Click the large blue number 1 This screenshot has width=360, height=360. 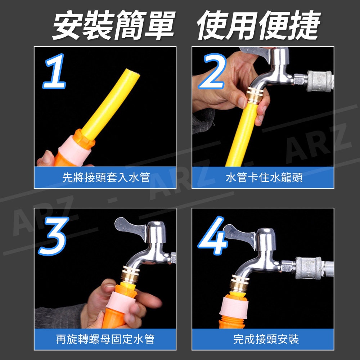coord(55,71)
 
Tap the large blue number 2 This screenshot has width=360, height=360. coord(212,71)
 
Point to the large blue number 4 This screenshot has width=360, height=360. coord(213,235)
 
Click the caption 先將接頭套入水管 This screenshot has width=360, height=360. coord(106,177)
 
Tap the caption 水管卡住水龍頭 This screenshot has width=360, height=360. coord(264,177)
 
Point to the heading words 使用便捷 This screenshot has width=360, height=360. coord(258,25)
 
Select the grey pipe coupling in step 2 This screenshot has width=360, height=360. coord(319,81)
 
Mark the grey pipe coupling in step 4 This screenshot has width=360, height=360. coord(308,268)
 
